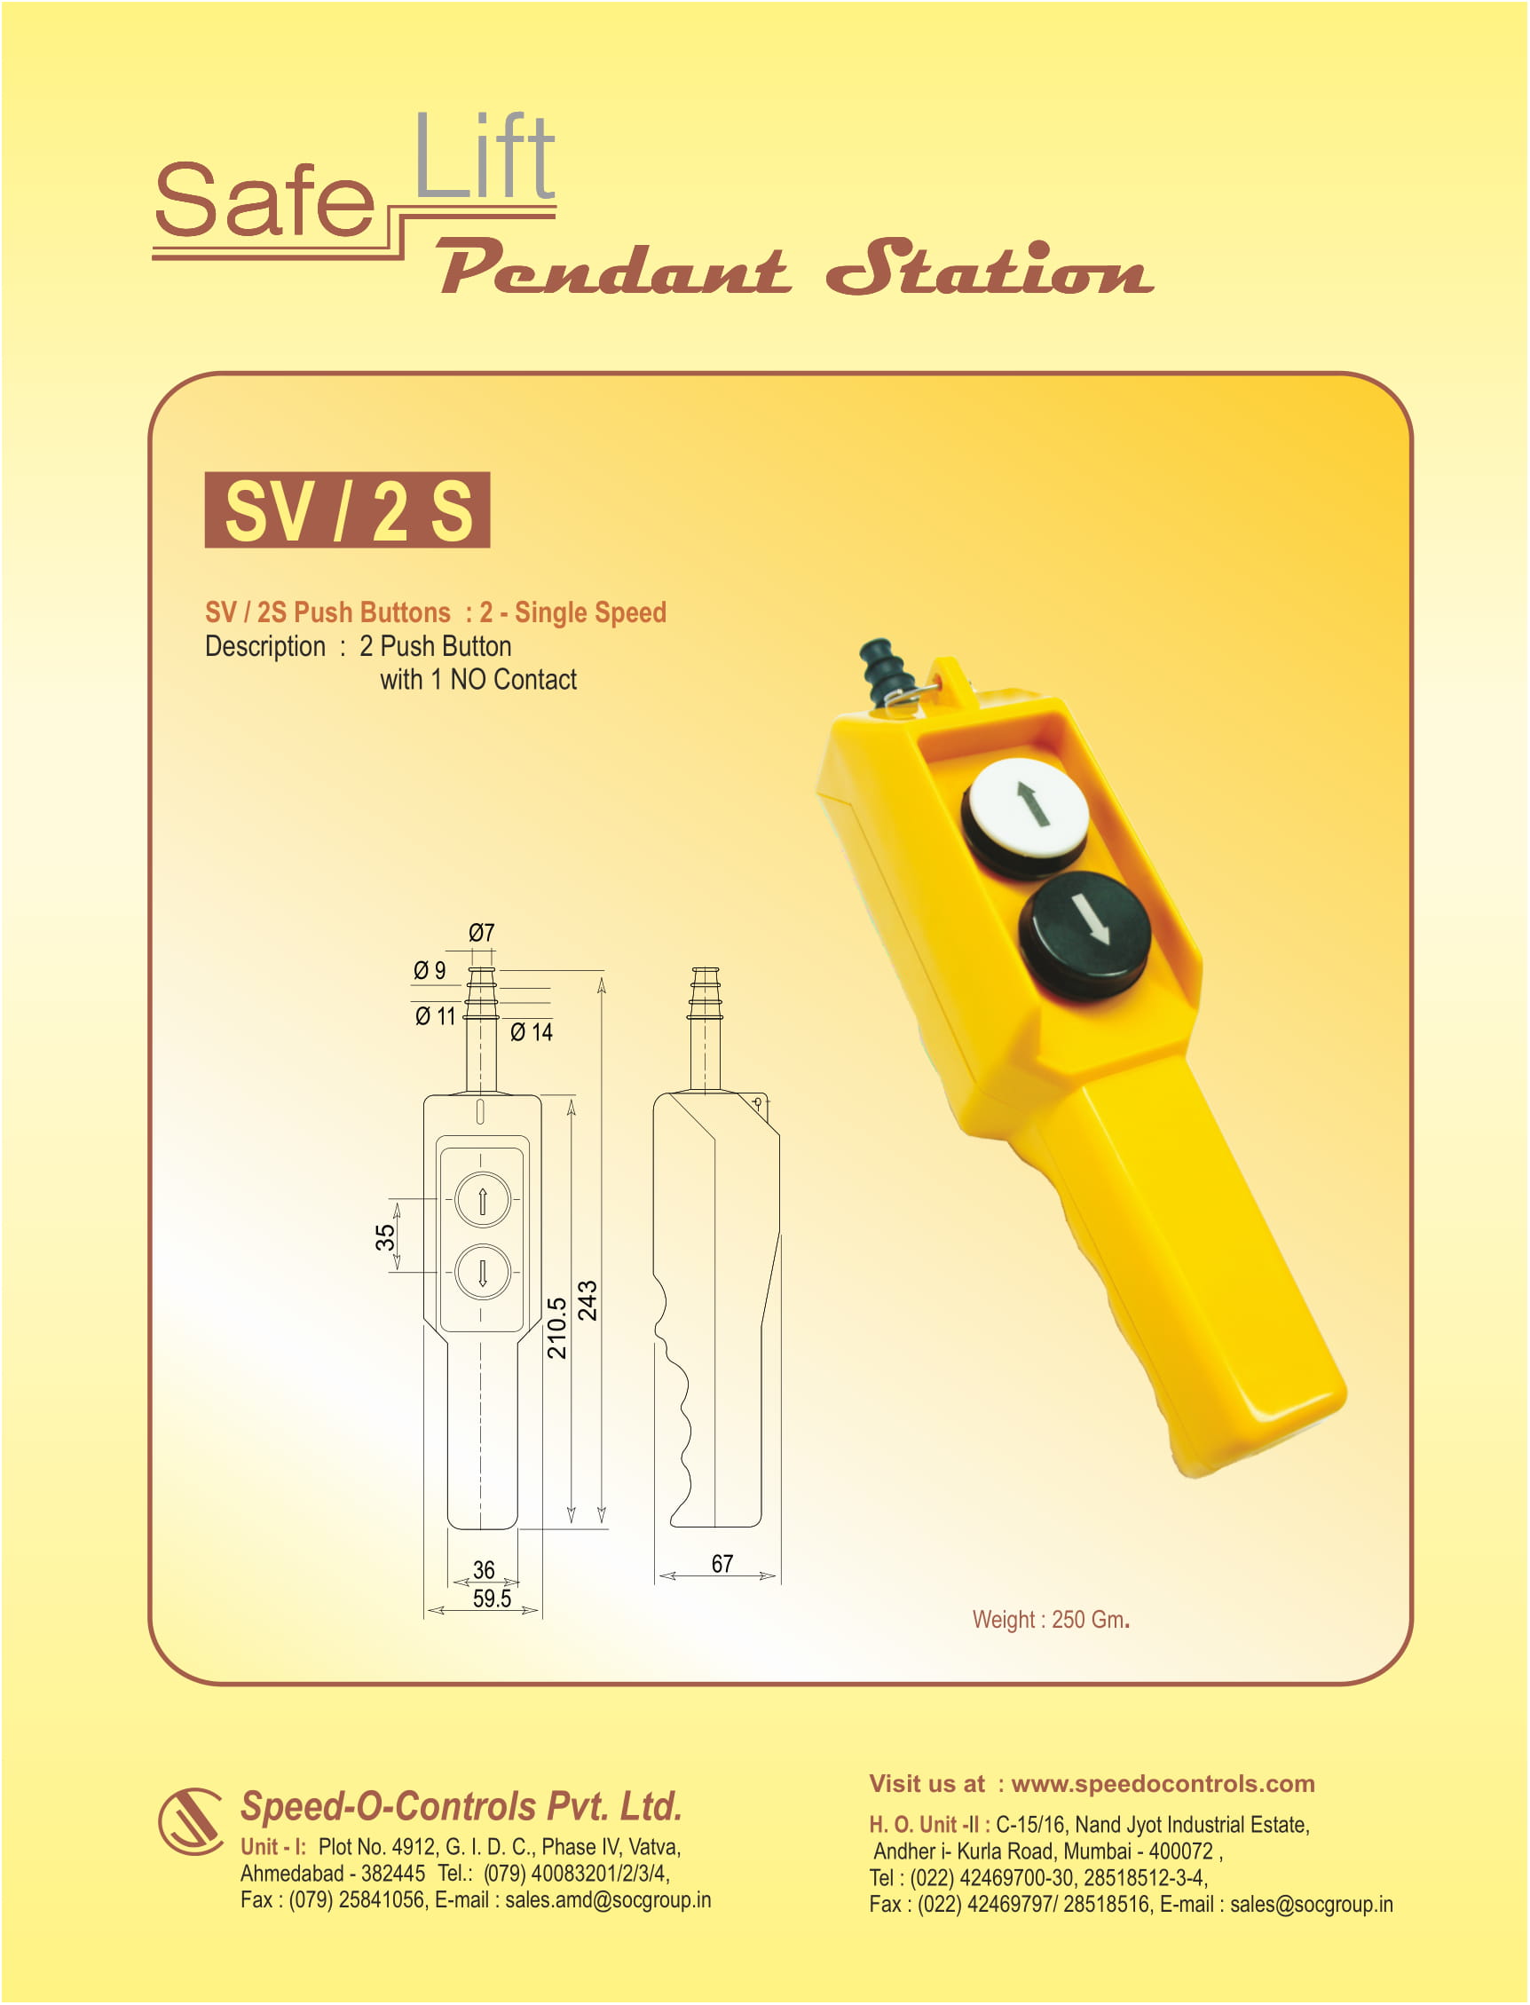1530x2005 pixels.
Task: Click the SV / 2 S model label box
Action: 347,509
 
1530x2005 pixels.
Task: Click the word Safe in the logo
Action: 264,201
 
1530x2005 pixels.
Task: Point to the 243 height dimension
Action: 588,1299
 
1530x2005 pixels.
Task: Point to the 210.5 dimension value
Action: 556,1328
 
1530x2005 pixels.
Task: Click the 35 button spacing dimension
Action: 385,1236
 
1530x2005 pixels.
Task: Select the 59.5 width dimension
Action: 491,1598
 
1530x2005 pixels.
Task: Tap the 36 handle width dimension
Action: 484,1570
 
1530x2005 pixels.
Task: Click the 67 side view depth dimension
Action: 722,1563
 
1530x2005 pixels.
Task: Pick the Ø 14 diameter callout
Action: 531,1031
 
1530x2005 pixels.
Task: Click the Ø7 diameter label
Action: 481,933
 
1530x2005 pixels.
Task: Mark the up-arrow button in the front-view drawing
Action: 483,1199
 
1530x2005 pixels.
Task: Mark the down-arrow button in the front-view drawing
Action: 483,1271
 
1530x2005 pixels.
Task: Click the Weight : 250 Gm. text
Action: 1050,1619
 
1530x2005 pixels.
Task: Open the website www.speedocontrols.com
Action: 1162,1784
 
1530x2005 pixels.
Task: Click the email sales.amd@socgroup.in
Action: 607,1900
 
